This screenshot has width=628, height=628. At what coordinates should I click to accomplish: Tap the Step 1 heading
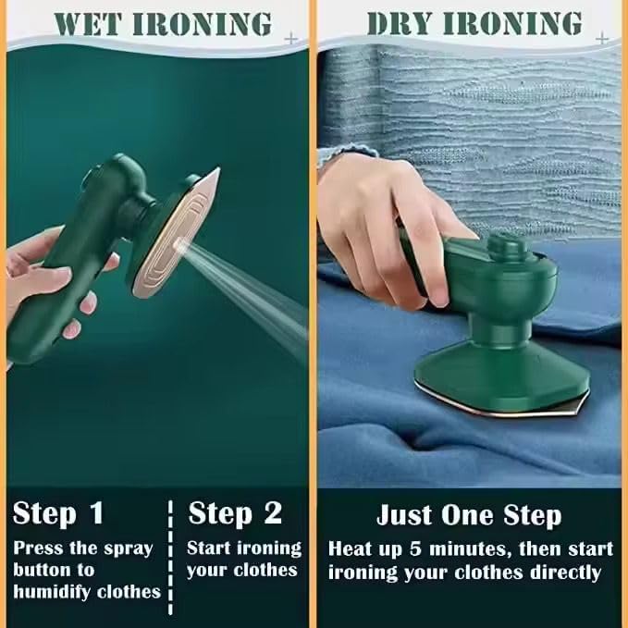tap(58, 513)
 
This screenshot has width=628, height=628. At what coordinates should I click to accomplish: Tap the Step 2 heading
tap(234, 513)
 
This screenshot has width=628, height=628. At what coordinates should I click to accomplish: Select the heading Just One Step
tap(468, 515)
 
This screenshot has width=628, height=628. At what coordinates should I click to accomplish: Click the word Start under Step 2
tap(208, 548)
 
